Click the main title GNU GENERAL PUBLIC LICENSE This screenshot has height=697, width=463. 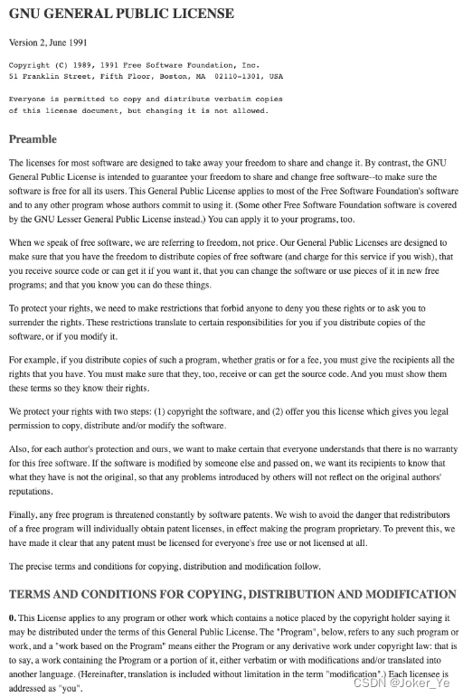pos(121,14)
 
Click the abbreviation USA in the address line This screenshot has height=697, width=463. pos(275,77)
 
